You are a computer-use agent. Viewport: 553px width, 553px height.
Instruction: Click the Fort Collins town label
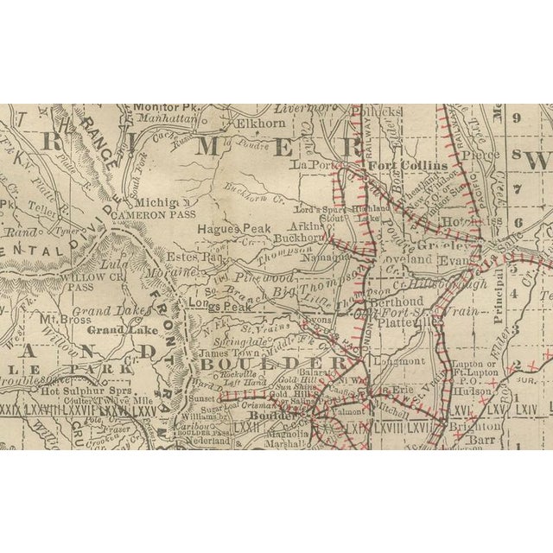pos(408,165)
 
